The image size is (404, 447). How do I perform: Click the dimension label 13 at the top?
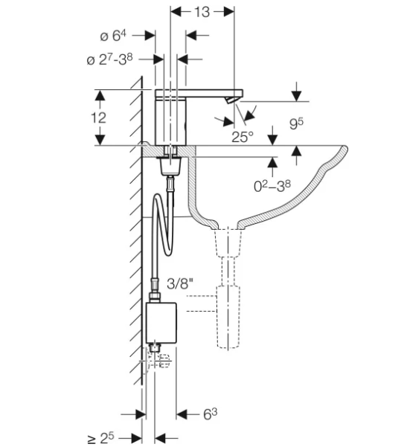[202, 12]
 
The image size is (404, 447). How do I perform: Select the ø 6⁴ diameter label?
[113, 36]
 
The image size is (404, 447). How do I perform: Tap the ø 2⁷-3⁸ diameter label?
[110, 60]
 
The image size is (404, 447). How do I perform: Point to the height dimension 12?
[99, 118]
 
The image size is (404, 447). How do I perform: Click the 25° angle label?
[243, 137]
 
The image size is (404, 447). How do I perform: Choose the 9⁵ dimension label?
[297, 123]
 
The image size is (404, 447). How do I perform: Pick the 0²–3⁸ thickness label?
[272, 186]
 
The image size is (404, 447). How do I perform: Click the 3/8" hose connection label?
[180, 284]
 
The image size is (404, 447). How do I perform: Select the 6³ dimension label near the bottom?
[210, 414]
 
